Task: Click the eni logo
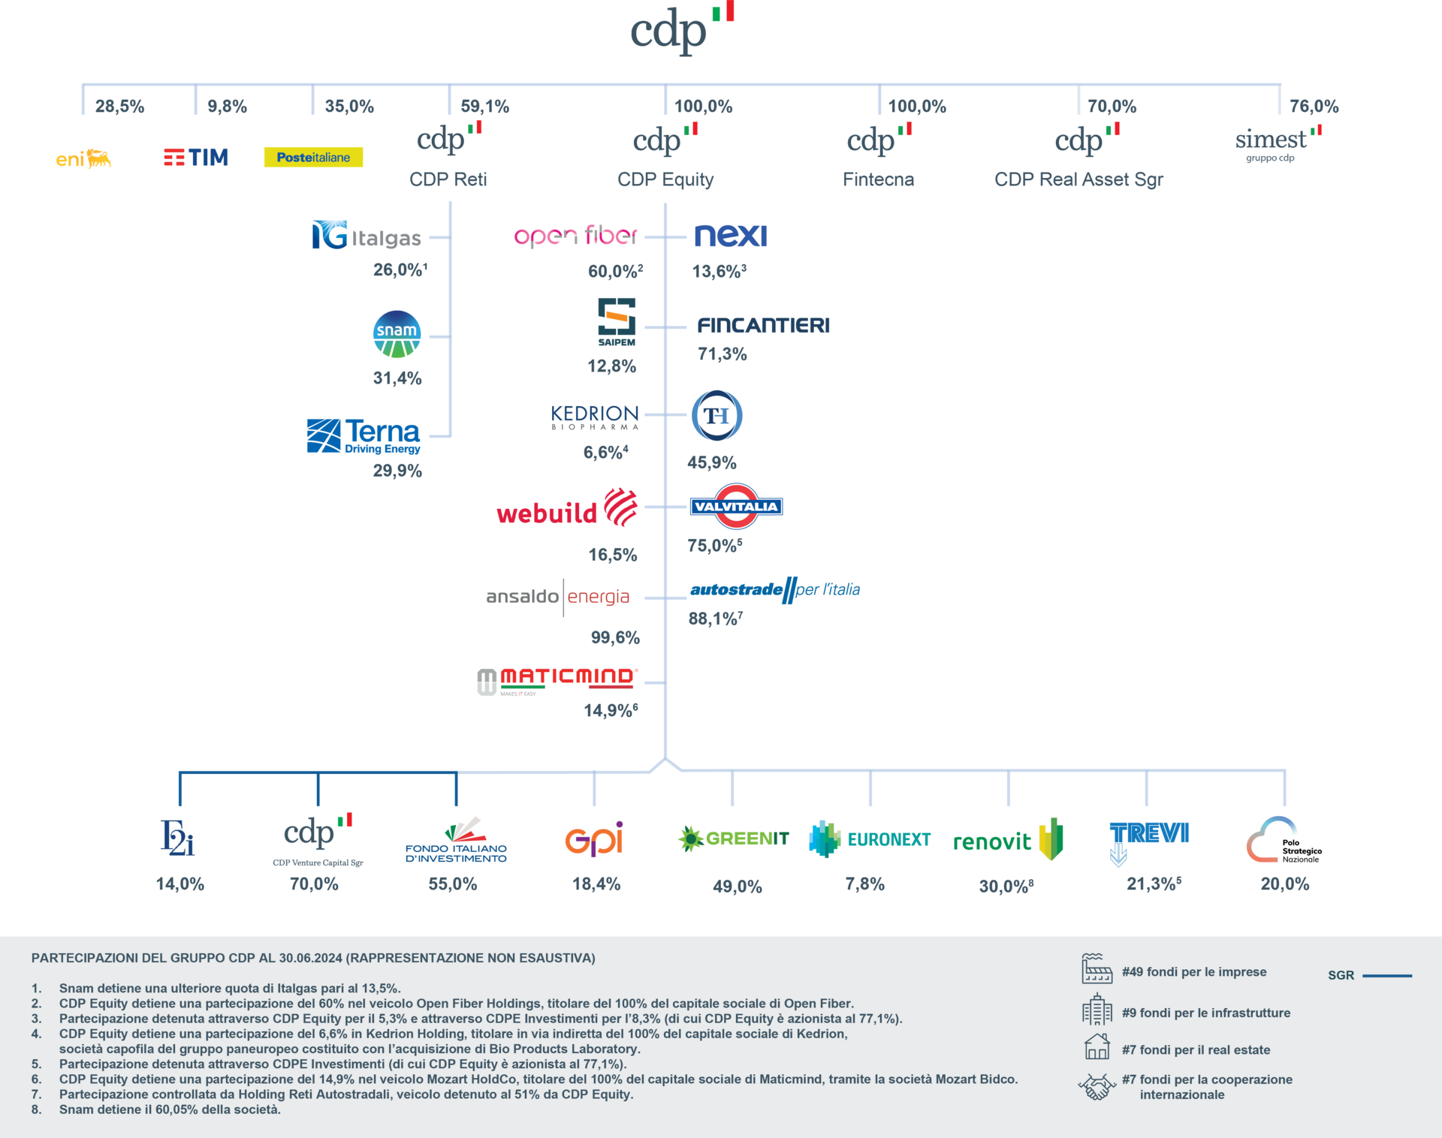(83, 158)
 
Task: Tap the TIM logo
(196, 157)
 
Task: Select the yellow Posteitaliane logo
(313, 157)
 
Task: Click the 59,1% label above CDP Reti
(484, 107)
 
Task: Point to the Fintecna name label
(878, 179)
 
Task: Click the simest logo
(1278, 142)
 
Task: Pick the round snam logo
(397, 334)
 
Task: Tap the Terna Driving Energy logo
(364, 436)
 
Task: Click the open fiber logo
(576, 236)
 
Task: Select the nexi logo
(731, 236)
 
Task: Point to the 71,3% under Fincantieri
(722, 354)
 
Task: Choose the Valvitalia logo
(737, 507)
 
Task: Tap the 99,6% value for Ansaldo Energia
(615, 638)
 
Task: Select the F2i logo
(178, 839)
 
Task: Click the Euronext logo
(870, 839)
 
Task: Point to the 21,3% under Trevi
(1153, 884)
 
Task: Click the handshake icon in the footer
(1097, 1086)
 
